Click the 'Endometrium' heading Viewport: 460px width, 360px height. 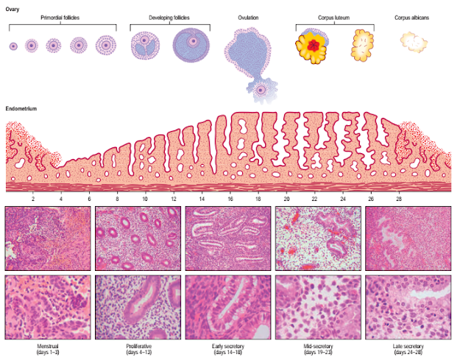coord(21,108)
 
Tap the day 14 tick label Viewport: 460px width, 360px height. coord(202,200)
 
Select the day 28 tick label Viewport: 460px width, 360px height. coord(399,200)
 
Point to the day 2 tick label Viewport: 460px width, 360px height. coord(33,200)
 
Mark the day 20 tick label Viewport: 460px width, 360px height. coord(286,200)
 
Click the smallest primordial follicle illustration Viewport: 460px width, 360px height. coord(13,46)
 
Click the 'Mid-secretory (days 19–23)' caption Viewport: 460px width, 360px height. coord(318,348)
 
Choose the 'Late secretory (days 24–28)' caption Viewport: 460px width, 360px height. coord(407,348)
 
